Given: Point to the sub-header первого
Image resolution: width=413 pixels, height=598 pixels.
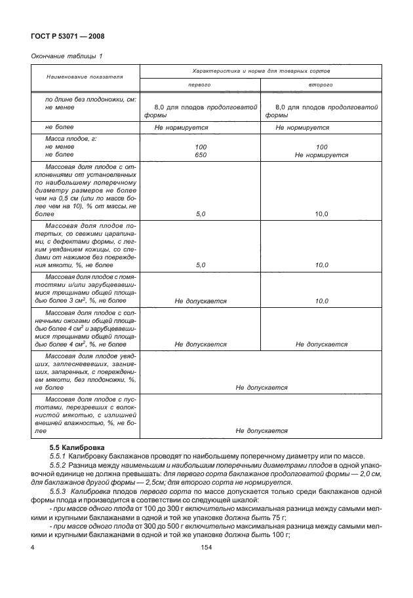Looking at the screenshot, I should (201, 85).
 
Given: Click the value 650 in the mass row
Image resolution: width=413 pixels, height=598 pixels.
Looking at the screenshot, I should (201, 155).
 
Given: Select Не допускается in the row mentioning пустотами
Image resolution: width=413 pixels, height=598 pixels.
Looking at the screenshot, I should (262, 431).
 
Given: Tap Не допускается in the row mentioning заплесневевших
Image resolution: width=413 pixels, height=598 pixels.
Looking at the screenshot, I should (262, 388).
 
